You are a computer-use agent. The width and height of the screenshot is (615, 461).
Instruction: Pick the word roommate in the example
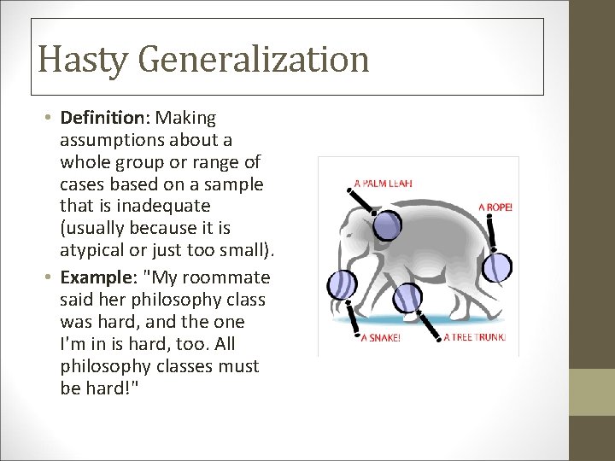click(x=230, y=277)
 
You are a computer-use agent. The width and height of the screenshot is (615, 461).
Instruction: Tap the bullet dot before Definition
click(x=51, y=118)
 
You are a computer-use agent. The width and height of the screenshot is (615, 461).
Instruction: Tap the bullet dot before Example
click(x=51, y=278)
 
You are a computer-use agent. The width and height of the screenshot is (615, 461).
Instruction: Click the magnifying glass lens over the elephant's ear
click(x=388, y=225)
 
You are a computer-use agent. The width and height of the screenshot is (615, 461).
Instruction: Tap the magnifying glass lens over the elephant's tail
click(x=497, y=268)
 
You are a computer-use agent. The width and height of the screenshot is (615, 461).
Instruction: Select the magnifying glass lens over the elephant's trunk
click(x=343, y=285)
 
